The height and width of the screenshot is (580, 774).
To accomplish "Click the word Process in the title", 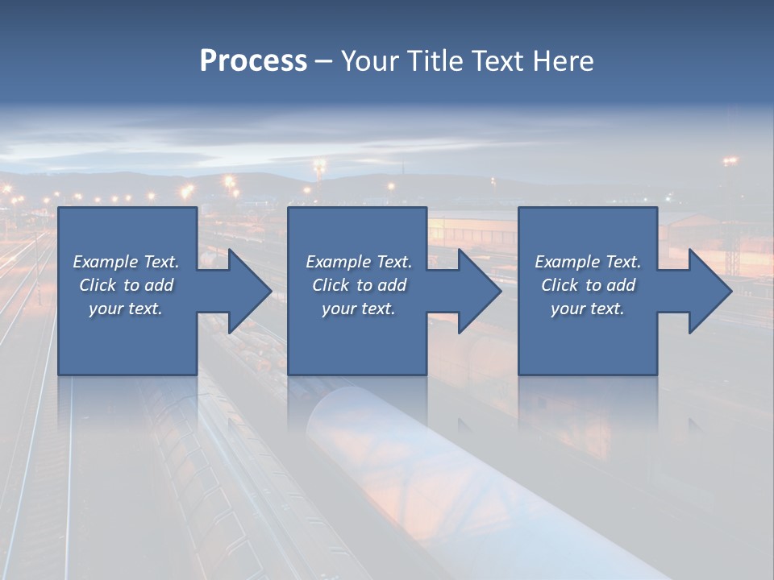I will [253, 61].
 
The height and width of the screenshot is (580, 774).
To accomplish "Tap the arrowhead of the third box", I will [709, 291].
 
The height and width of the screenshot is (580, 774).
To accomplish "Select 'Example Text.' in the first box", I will [126, 262].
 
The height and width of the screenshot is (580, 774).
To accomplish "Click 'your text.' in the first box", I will [126, 309].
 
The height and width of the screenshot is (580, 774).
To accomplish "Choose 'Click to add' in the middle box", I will [359, 285].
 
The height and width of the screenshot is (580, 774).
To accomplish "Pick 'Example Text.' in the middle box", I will [359, 262].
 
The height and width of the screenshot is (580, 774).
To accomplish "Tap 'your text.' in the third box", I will [588, 309].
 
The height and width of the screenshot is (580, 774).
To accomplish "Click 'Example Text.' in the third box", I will [588, 262].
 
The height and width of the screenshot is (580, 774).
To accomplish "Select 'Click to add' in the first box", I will [126, 285].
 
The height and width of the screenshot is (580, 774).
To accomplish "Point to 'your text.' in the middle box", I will [359, 309].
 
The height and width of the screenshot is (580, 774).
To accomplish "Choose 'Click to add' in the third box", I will [588, 285].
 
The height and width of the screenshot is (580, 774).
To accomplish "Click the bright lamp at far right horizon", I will [730, 161].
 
